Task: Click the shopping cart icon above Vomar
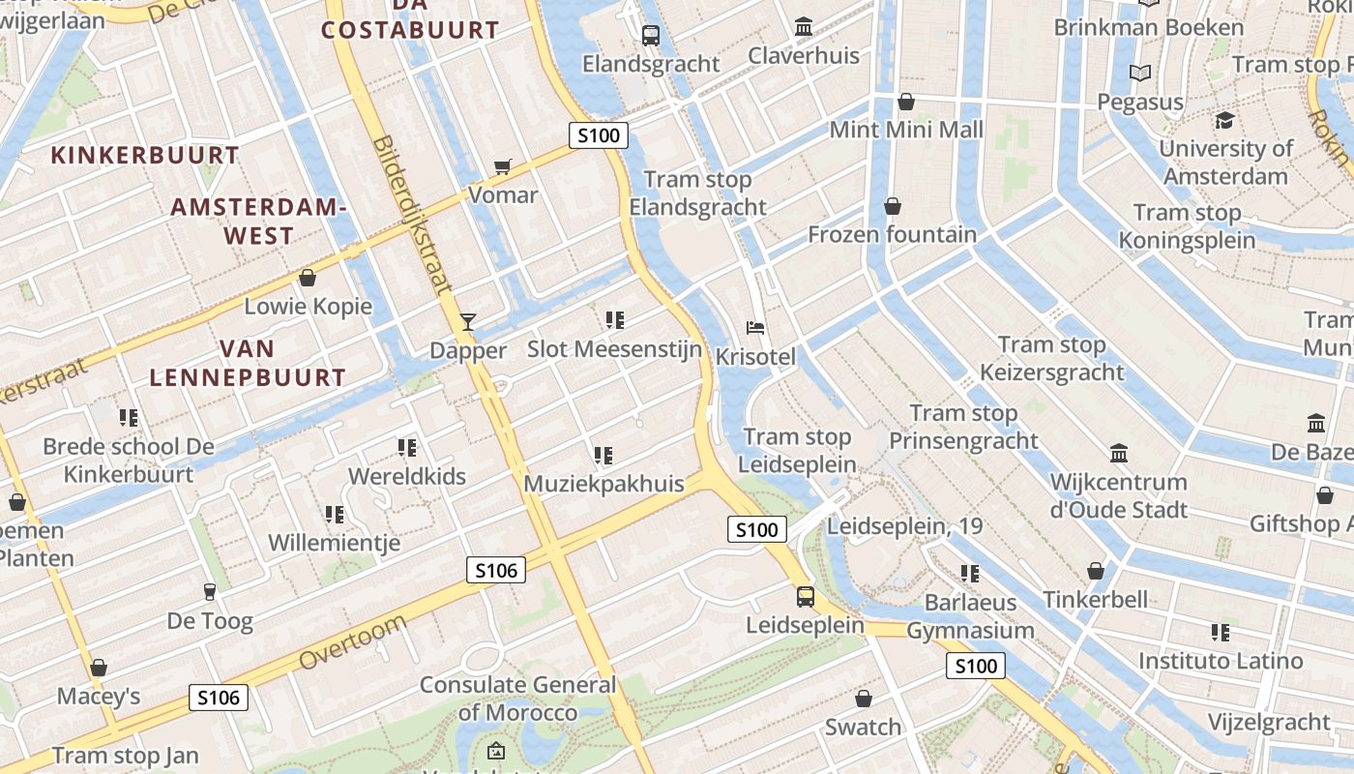coord(502,167)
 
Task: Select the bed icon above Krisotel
coord(755,328)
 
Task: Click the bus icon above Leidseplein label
coord(805,596)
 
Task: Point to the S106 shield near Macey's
coord(219,697)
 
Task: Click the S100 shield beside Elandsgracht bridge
coord(598,135)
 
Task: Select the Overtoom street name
coord(352,642)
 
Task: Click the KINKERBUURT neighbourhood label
coord(145,155)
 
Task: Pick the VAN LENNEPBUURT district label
coord(248,363)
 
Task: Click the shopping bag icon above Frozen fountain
coord(892,206)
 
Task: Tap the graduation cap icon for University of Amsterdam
coord(1224,121)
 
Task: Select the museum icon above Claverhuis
coord(804,27)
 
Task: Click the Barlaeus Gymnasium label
coord(970,616)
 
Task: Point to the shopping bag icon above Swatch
coord(864,699)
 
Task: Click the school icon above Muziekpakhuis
coord(603,455)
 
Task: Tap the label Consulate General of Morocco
coord(517,699)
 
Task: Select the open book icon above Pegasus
coord(1140,74)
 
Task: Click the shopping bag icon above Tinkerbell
coord(1095,571)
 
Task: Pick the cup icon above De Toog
coord(209,592)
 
